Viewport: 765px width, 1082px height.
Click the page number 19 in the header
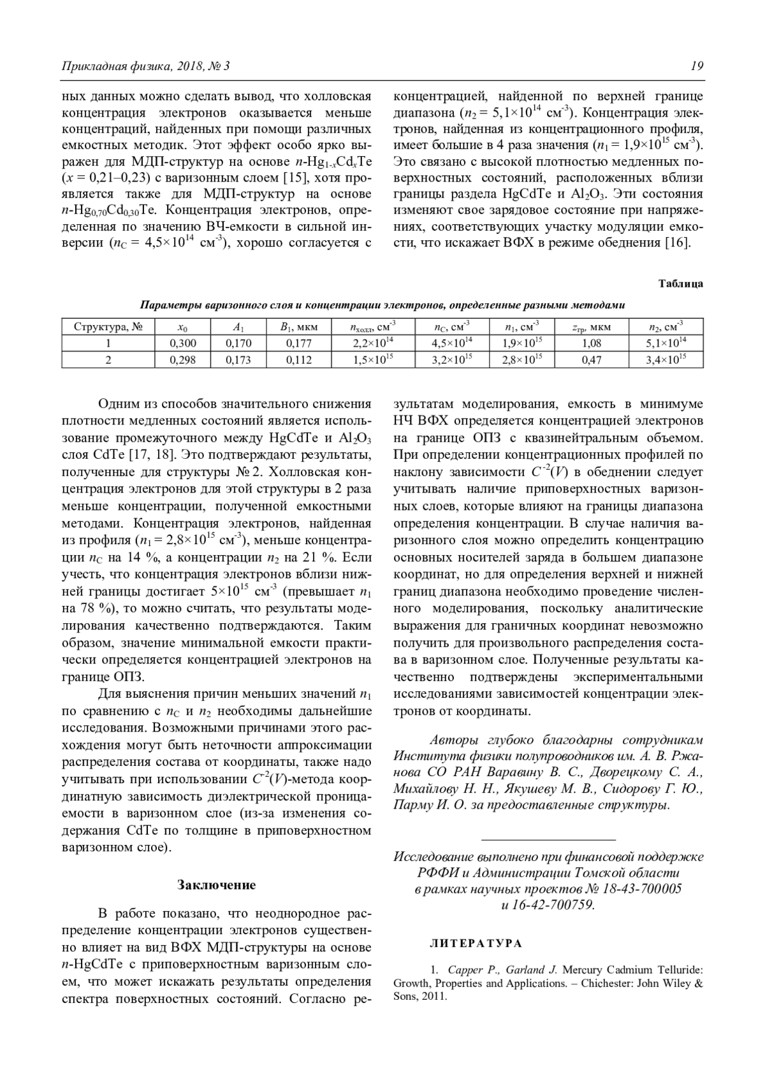pos(696,66)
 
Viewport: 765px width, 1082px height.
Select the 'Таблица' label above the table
pos(680,284)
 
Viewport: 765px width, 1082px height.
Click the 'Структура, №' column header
pos(108,327)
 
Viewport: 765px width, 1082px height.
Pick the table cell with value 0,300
pos(183,343)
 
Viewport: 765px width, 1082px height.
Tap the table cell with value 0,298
pos(183,360)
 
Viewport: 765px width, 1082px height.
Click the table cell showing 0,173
pos(238,360)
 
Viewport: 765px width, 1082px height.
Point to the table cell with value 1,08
pos(592,343)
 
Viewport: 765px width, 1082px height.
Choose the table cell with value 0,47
pos(592,360)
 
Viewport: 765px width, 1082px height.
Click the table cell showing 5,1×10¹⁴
pos(666,343)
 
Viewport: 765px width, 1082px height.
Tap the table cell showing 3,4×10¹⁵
pos(666,359)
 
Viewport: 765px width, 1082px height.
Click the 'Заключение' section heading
pos(216,885)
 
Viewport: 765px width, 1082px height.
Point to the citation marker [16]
pos(677,243)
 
